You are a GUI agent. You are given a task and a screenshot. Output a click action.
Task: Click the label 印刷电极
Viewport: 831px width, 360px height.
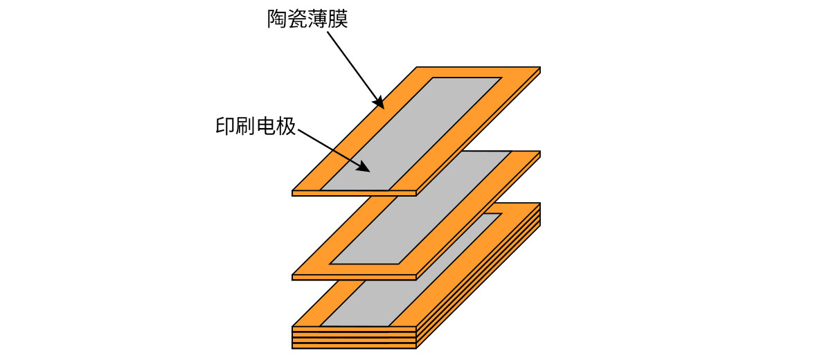coord(256,126)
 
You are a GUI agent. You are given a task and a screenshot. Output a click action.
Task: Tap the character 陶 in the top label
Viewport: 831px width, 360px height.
coord(277,19)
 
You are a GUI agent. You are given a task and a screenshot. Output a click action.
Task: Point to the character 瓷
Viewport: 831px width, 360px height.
coord(297,19)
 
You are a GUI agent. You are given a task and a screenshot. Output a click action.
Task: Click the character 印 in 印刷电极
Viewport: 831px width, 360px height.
coord(225,126)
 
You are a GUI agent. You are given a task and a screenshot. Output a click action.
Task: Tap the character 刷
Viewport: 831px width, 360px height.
coord(245,126)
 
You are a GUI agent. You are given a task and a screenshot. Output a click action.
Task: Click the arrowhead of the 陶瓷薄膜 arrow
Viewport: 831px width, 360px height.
coord(379,104)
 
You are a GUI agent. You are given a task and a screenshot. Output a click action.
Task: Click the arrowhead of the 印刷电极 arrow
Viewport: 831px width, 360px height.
coord(364,167)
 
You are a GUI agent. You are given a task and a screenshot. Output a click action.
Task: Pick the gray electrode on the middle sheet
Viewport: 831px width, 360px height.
coord(422,208)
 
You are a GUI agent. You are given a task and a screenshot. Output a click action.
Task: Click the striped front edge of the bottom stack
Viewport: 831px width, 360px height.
coord(353,337)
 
